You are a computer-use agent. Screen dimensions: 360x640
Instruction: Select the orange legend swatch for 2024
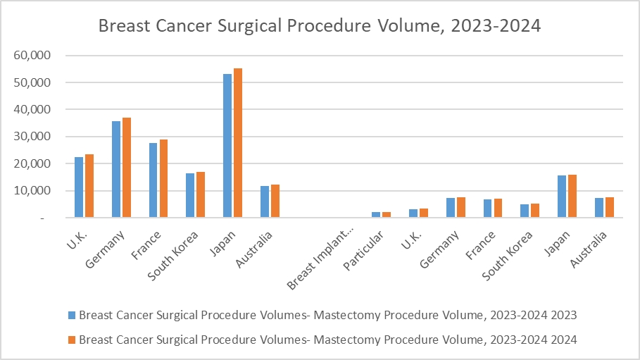[x=72, y=340]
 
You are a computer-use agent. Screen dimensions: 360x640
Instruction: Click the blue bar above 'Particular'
[x=376, y=215]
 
